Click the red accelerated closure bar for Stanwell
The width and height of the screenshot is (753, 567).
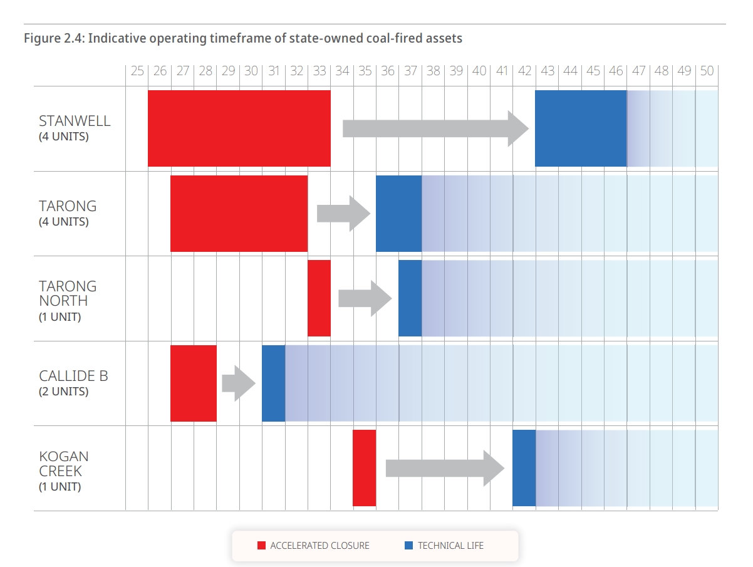click(239, 128)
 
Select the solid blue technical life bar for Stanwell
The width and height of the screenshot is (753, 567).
click(581, 128)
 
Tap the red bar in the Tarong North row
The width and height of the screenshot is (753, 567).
click(319, 298)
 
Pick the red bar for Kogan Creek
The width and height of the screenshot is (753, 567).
click(364, 467)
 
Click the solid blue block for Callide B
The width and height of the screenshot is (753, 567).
click(273, 383)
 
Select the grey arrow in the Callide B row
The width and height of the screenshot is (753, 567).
click(239, 383)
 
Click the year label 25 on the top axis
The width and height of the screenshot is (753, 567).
click(137, 71)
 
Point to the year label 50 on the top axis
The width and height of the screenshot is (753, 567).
click(707, 71)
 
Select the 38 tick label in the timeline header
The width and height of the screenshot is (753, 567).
click(434, 71)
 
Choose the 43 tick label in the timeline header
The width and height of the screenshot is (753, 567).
click(548, 71)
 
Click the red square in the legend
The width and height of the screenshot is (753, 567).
click(262, 546)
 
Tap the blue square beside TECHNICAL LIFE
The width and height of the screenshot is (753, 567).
click(409, 546)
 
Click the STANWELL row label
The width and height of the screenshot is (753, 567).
click(75, 121)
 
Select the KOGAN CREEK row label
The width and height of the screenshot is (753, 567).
click(63, 464)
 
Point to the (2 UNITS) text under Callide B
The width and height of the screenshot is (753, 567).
click(63, 392)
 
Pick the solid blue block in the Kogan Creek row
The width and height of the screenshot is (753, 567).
click(524, 467)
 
